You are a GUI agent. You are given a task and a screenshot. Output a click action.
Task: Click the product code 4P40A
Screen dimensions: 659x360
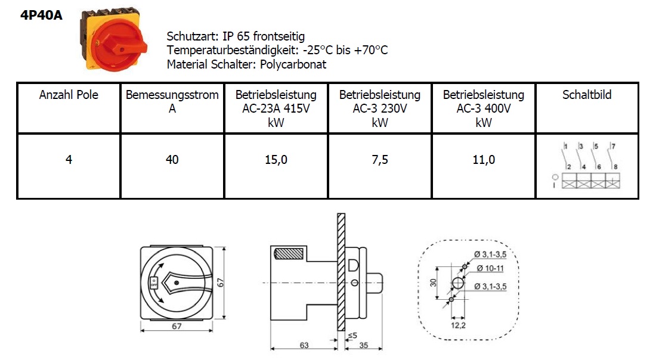coord(41,15)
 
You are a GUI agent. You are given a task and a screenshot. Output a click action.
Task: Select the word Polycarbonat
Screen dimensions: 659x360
coord(293,64)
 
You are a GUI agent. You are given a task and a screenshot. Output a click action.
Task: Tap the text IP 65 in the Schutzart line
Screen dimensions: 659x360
coord(236,36)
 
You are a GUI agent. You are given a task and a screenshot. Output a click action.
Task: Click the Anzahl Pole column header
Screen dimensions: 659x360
coord(69,95)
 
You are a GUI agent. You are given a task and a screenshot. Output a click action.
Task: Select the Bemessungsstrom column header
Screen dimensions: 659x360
coord(172,102)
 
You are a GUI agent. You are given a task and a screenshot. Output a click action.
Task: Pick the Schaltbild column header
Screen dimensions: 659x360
coord(587,95)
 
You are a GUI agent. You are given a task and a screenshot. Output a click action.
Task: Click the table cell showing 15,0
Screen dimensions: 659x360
coord(276,160)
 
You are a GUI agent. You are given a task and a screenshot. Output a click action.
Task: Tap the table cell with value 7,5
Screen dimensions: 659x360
coord(380,160)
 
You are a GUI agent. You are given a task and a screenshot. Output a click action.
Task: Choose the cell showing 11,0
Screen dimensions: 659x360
coord(484,160)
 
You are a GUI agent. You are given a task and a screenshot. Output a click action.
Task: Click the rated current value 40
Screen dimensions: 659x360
coord(172,160)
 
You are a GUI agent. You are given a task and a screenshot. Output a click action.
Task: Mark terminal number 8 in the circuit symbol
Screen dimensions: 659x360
coord(615,167)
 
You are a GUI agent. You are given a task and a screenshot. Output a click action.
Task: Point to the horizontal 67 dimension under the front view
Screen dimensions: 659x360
coord(177,326)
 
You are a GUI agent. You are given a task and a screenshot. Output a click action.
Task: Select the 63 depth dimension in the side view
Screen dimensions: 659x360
coord(304,345)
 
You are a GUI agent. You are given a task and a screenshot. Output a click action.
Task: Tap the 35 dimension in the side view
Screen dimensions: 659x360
coord(364,345)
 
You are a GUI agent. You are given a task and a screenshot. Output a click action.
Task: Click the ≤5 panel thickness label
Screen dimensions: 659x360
coord(352,336)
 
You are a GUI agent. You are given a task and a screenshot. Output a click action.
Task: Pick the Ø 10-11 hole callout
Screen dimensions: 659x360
coord(490,268)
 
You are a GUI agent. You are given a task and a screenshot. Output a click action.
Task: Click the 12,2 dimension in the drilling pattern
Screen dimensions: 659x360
coord(458,325)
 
